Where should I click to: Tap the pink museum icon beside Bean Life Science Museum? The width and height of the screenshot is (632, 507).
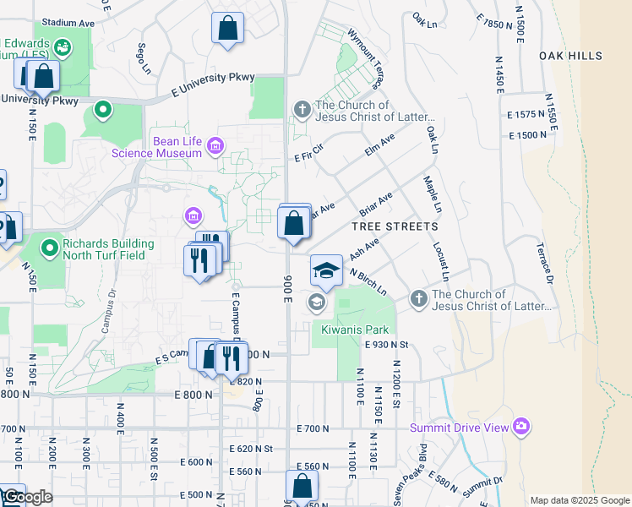click(215, 147)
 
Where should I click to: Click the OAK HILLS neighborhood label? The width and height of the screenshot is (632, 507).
click(571, 56)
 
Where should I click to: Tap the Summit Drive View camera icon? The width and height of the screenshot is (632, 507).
click(521, 427)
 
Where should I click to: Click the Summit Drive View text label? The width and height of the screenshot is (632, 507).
click(460, 428)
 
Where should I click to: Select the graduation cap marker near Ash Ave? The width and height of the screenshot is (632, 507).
click(326, 270)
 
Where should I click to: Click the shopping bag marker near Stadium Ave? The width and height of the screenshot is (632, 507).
click(227, 28)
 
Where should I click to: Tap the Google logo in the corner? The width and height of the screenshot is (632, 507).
click(26, 497)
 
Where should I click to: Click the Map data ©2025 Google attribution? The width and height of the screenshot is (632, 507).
click(579, 500)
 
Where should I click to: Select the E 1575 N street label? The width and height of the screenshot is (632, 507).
click(526, 114)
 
